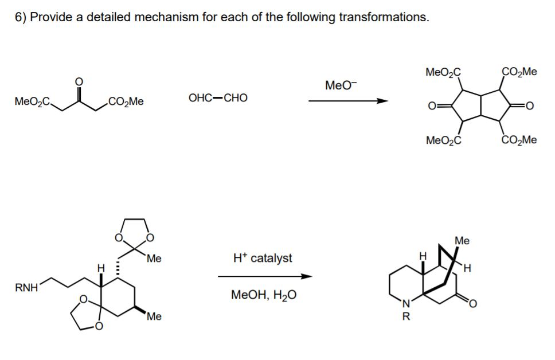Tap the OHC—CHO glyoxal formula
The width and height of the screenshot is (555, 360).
click(218, 97)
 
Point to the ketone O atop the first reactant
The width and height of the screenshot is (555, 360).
click(79, 82)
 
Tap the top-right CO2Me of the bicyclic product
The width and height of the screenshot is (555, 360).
click(519, 72)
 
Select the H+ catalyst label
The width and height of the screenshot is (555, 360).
click(263, 258)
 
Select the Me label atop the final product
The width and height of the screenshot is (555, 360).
click(462, 241)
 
